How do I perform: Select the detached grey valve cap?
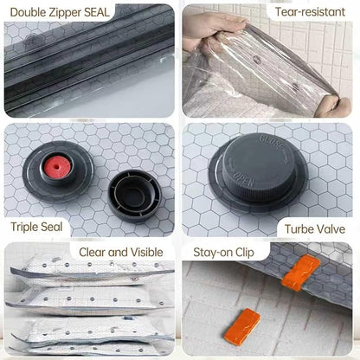pos(134,195)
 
